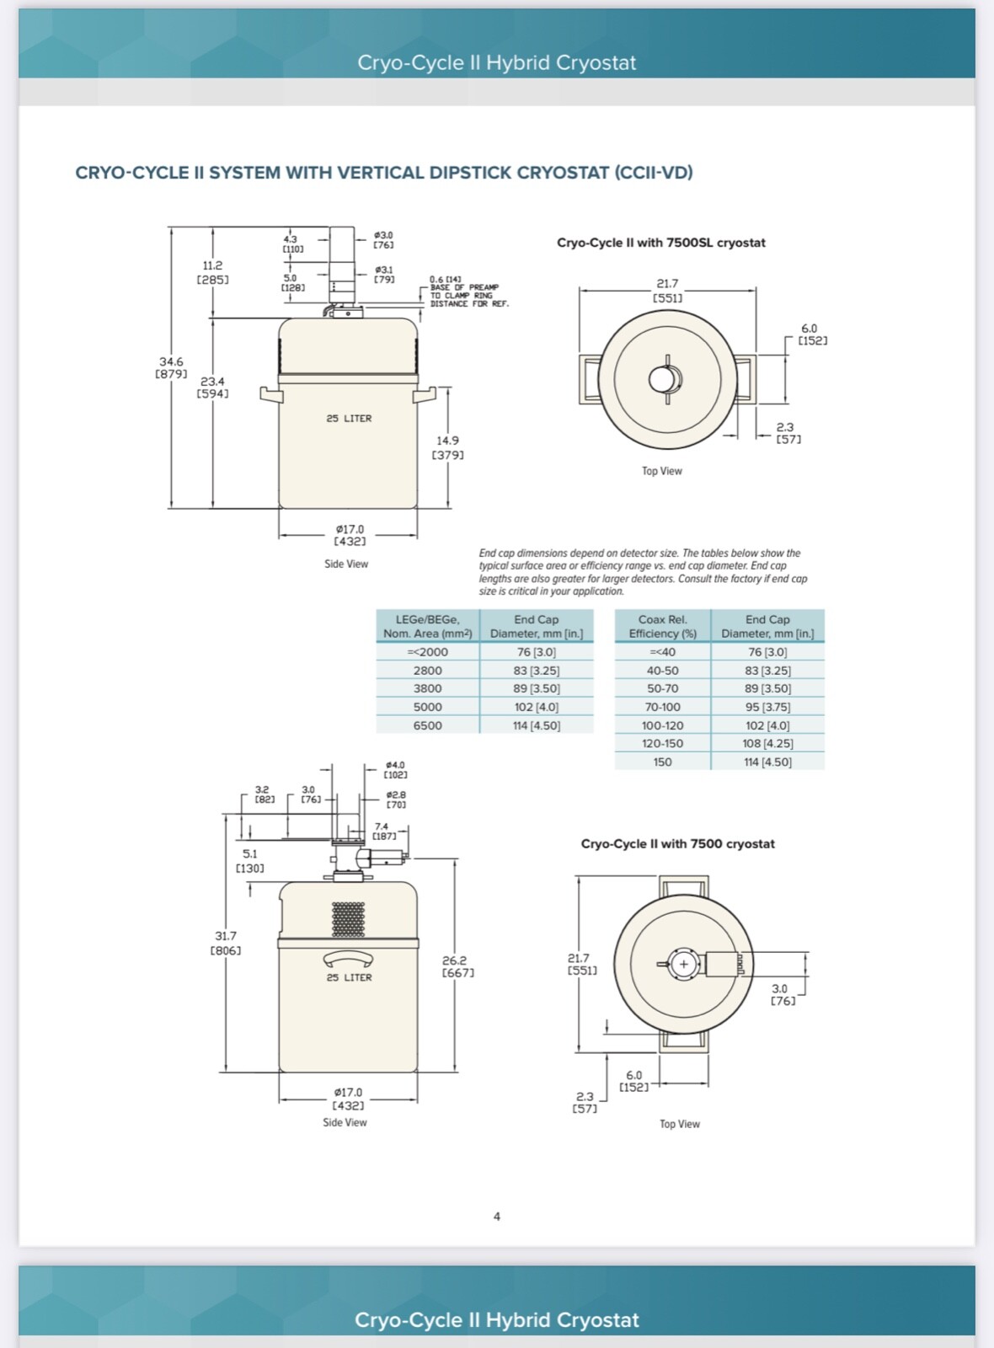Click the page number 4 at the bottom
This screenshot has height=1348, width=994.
point(496,1216)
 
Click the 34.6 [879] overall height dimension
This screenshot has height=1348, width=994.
point(172,367)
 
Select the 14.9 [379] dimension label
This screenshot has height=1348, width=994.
point(447,447)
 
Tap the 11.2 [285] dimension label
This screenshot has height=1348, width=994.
point(212,272)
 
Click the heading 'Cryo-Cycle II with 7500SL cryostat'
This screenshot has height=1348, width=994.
point(660,243)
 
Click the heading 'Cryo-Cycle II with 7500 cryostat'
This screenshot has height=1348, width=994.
point(677,843)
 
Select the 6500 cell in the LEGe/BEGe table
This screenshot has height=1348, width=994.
point(427,725)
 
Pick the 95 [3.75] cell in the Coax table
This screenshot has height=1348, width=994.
point(767,707)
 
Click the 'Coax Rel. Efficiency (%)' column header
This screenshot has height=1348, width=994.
point(662,626)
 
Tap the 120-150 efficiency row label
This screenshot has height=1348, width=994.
point(662,743)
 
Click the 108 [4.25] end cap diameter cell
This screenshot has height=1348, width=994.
point(767,743)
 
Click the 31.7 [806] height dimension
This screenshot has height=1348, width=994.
point(226,943)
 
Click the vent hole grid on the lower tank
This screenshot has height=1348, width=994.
point(348,919)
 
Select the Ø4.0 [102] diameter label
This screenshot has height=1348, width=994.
point(395,769)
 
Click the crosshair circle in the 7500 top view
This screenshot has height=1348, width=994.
point(683,964)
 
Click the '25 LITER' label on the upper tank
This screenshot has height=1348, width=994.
point(349,418)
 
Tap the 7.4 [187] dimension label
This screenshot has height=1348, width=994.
point(383,831)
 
